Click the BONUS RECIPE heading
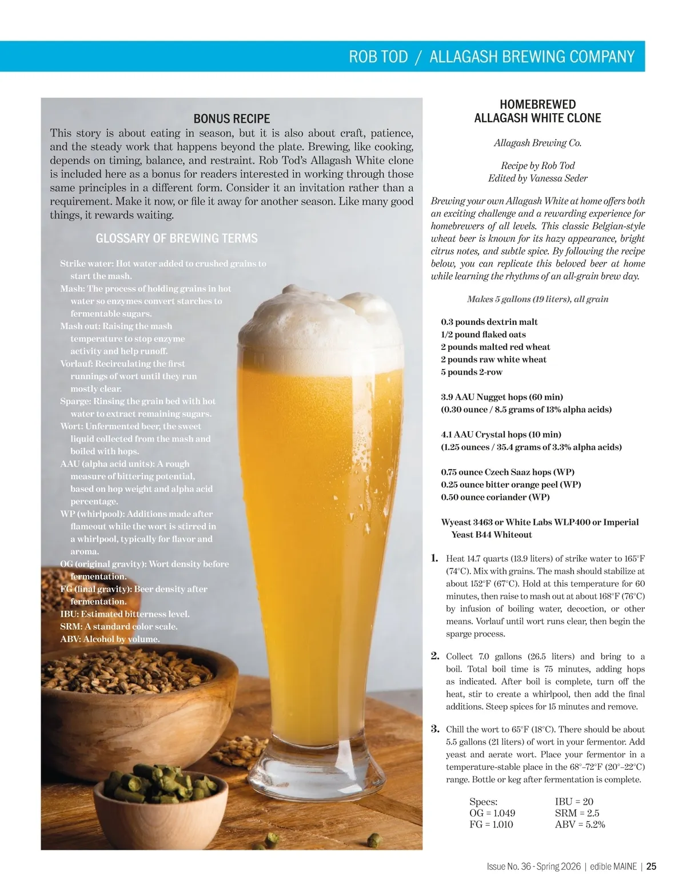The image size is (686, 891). (x=232, y=119)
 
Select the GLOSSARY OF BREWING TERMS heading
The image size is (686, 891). (x=177, y=238)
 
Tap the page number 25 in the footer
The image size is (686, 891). (x=651, y=866)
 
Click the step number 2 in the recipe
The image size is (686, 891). (x=435, y=656)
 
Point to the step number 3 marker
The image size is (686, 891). (x=435, y=729)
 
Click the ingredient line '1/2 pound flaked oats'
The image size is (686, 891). (x=483, y=335)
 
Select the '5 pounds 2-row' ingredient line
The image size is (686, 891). (x=472, y=372)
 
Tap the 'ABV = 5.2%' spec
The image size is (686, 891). (x=580, y=825)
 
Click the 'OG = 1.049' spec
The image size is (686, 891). (x=492, y=813)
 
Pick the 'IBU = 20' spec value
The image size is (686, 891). (x=574, y=802)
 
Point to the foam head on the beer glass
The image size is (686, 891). (x=320, y=326)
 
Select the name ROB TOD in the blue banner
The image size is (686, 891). (x=378, y=57)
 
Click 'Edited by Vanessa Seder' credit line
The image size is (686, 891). (x=537, y=178)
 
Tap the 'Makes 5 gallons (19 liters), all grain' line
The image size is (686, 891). (x=537, y=299)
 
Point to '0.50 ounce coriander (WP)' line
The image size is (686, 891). (x=495, y=498)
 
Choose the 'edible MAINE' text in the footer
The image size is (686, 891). (x=613, y=866)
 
